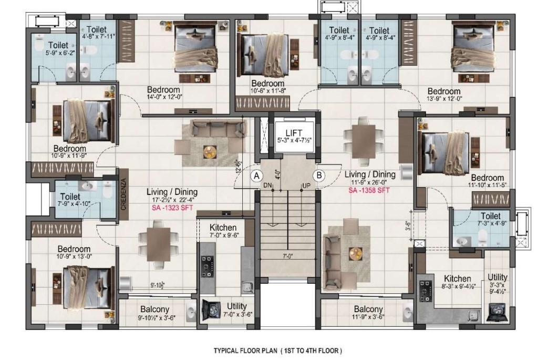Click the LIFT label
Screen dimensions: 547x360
click(x=294, y=133)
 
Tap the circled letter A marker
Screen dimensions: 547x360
click(x=257, y=176)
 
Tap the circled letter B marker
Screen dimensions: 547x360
click(x=318, y=176)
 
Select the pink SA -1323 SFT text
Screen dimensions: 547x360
click(x=172, y=208)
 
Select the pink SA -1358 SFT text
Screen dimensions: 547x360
click(x=369, y=190)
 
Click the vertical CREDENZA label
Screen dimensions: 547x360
click(x=123, y=194)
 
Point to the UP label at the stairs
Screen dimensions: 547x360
click(x=306, y=186)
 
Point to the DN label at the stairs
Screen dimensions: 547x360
click(x=268, y=186)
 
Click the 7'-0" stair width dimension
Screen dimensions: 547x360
click(x=287, y=256)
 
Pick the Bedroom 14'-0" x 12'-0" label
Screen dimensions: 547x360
click(x=163, y=93)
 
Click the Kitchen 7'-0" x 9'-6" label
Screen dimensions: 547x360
click(x=223, y=231)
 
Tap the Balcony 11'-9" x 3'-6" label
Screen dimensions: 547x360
click(x=368, y=313)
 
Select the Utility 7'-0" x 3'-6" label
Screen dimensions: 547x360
click(x=237, y=310)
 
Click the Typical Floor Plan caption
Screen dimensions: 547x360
click(x=277, y=350)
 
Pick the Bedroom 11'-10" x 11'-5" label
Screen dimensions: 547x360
click(x=487, y=181)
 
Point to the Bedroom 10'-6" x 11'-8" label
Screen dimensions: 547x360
click(x=267, y=87)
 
